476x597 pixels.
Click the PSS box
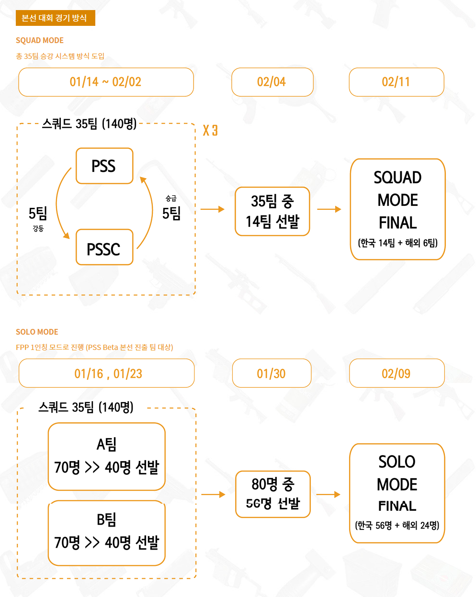[104, 166]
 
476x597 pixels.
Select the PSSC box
[104, 248]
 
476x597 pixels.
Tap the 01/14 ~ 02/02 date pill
[106, 82]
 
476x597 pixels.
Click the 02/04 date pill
[272, 82]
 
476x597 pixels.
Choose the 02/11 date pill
[396, 82]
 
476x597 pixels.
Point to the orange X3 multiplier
[210, 130]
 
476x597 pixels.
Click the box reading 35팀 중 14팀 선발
[272, 211]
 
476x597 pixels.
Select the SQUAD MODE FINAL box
[397, 209]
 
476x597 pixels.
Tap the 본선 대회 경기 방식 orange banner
[55, 18]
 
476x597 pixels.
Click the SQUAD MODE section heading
[40, 40]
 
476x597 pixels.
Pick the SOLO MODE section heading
[37, 332]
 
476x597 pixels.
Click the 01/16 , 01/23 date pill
[107, 373]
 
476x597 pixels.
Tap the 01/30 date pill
[272, 373]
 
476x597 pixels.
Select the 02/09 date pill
[397, 373]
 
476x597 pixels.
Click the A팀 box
[106, 456]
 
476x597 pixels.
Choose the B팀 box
[106, 532]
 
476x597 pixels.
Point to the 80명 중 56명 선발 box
[272, 494]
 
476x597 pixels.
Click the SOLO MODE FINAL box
[397, 493]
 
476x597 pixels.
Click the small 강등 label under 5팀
[38, 229]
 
